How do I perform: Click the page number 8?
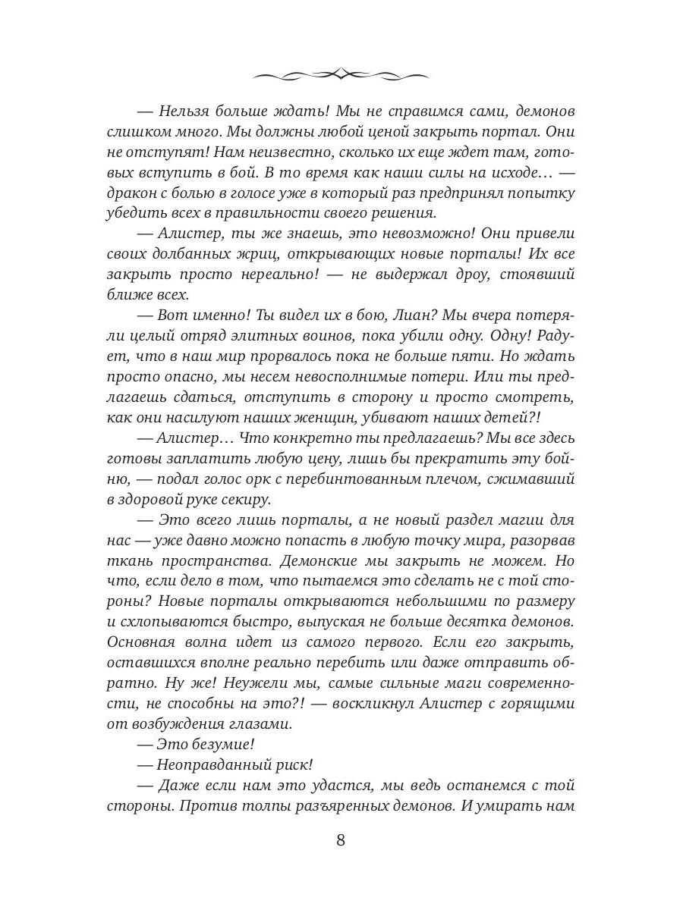tap(341, 840)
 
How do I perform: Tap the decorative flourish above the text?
tap(341, 74)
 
